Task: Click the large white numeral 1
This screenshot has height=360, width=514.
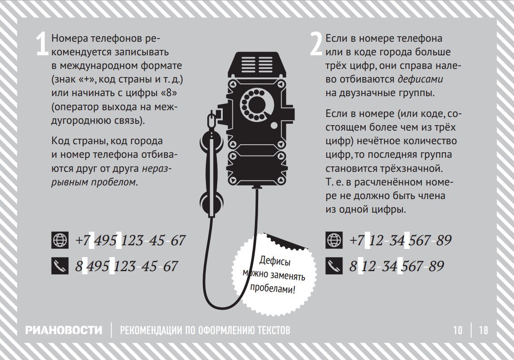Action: click(x=42, y=44)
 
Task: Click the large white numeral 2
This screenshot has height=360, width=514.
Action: click(x=316, y=44)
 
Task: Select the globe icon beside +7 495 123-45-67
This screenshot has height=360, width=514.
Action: click(x=60, y=240)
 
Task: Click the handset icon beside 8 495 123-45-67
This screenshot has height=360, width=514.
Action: click(x=60, y=266)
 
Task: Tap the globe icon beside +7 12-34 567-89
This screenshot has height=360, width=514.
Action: click(x=334, y=240)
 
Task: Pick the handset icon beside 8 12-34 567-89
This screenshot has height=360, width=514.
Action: click(x=334, y=266)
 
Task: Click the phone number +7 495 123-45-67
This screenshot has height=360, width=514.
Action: click(x=131, y=240)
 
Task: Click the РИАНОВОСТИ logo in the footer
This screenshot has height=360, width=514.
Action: click(x=64, y=330)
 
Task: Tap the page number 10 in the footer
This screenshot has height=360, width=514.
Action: click(x=458, y=330)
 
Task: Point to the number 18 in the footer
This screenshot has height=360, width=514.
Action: click(x=484, y=330)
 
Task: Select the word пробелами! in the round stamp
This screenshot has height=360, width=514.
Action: click(x=273, y=288)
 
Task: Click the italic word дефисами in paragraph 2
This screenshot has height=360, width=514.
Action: click(x=420, y=79)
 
